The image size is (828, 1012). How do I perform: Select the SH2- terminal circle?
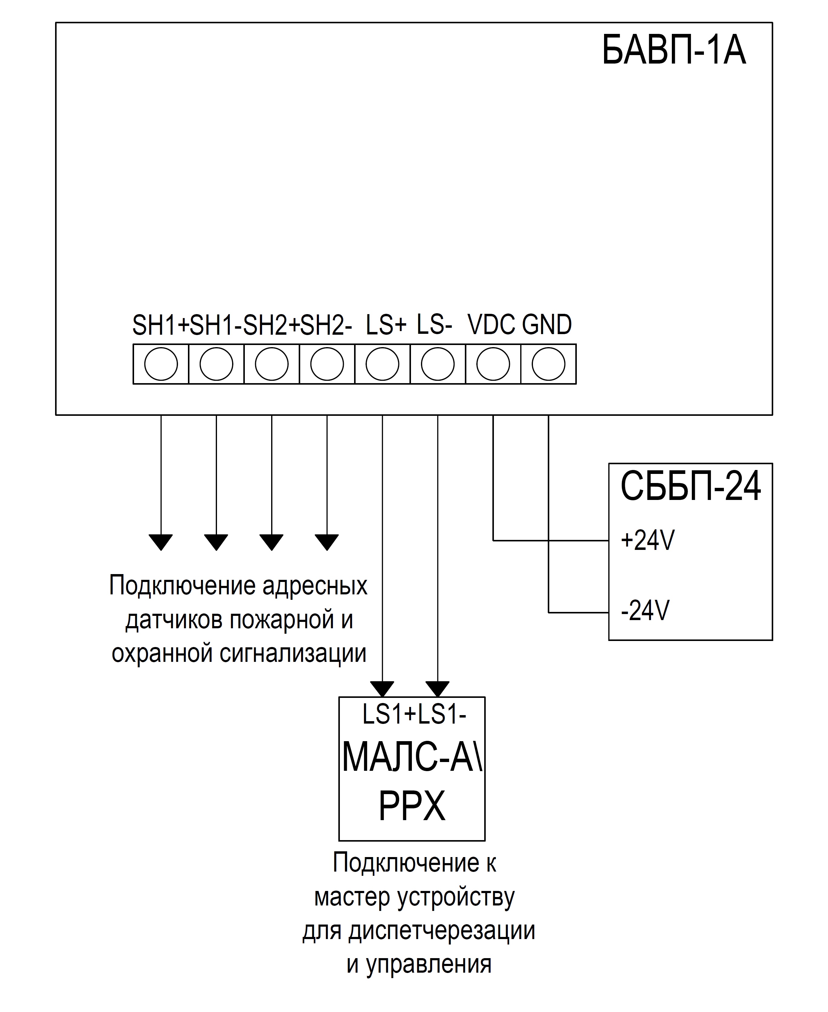327,364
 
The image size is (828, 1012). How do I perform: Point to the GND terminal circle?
548,364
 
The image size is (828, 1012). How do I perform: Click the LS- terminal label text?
434,324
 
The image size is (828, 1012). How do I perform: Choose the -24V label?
645,610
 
